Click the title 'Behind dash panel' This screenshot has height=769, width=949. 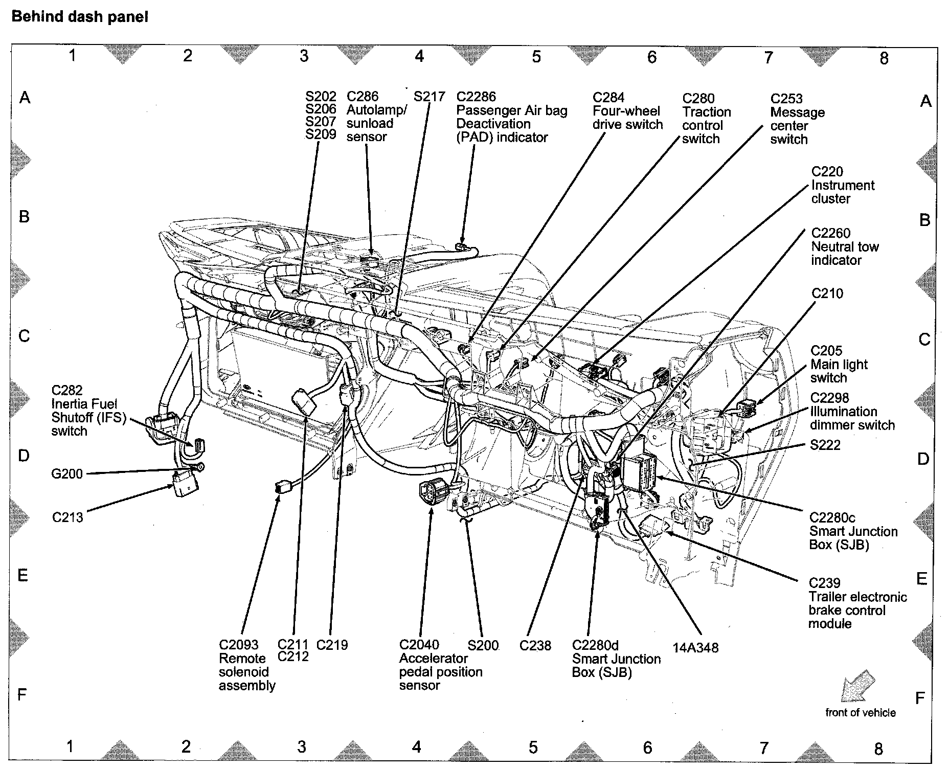click(x=80, y=17)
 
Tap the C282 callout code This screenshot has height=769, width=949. click(x=67, y=390)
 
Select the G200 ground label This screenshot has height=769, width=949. click(x=67, y=474)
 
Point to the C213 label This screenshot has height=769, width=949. click(x=67, y=517)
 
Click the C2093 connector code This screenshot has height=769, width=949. click(x=239, y=645)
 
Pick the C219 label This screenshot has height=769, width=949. click(x=332, y=645)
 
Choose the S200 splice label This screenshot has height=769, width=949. click(x=483, y=645)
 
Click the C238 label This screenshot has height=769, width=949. click(x=535, y=646)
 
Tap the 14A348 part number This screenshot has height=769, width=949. click(x=695, y=648)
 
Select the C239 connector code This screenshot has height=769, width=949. click(x=824, y=583)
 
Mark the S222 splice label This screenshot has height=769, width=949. click(x=825, y=445)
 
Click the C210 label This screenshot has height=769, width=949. click(x=827, y=293)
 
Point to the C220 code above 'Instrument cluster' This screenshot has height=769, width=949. click(x=827, y=172)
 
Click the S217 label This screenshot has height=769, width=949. click(x=430, y=97)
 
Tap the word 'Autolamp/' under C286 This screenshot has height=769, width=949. click(x=376, y=110)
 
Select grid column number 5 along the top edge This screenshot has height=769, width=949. click(x=536, y=57)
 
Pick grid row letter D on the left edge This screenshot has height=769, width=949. click(x=24, y=456)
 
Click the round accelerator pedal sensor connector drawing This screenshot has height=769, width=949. click(x=430, y=493)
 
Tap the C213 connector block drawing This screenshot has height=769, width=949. click(x=184, y=483)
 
